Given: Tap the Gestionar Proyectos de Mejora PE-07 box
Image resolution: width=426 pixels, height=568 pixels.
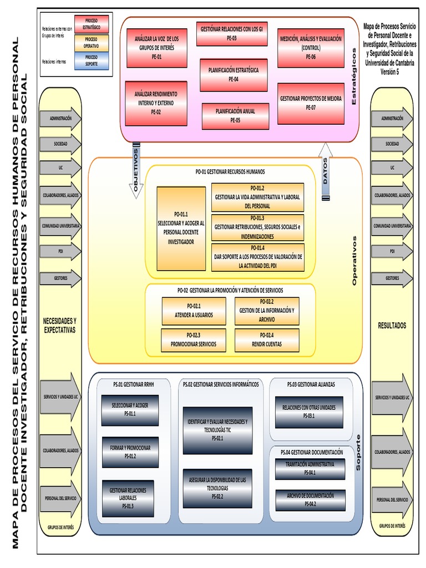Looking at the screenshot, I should pos(311,103).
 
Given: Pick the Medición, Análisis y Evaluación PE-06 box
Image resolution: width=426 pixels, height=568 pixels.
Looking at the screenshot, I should pos(311,48).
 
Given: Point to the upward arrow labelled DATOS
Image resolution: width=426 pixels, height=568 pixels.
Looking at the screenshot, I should pos(326,171).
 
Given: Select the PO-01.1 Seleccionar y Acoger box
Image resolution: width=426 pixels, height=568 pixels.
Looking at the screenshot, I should pos(181,228).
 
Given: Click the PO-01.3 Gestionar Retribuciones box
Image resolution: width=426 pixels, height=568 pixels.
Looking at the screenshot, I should pos(257,227).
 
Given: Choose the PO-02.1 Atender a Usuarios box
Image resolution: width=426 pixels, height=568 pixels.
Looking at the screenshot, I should pos(194,311).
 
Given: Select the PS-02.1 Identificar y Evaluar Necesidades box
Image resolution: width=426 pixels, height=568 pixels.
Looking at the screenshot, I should pos(217,430).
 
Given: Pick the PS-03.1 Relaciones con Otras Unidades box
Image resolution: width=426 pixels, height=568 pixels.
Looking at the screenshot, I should pos(309,412).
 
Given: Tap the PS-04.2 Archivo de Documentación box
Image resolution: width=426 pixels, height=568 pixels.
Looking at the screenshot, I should pos(310,500).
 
